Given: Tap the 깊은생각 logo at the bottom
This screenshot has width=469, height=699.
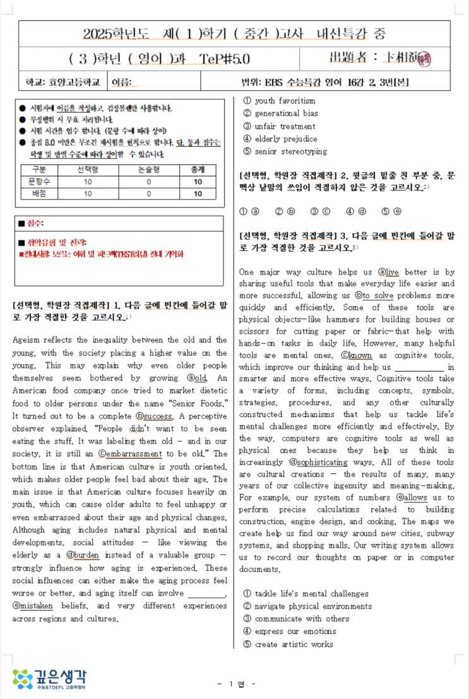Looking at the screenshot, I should click(50, 679).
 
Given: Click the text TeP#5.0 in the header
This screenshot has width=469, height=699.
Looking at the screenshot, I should click(225, 59).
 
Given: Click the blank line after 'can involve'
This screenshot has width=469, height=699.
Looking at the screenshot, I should click(207, 593).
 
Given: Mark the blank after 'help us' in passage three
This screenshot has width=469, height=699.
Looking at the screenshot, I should click(419, 367).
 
